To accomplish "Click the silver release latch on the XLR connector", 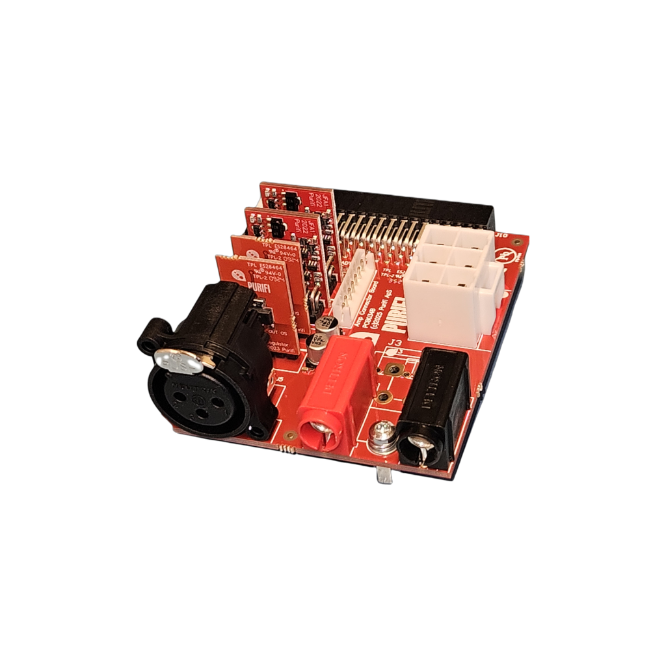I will pyautogui.click(x=178, y=359).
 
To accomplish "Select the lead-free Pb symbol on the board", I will pyautogui.click(x=503, y=254).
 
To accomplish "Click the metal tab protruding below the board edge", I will pyautogui.click(x=384, y=475).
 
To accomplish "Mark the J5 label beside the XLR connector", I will pyautogui.click(x=280, y=380).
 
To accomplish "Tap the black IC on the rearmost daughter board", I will pyautogui.click(x=293, y=202).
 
